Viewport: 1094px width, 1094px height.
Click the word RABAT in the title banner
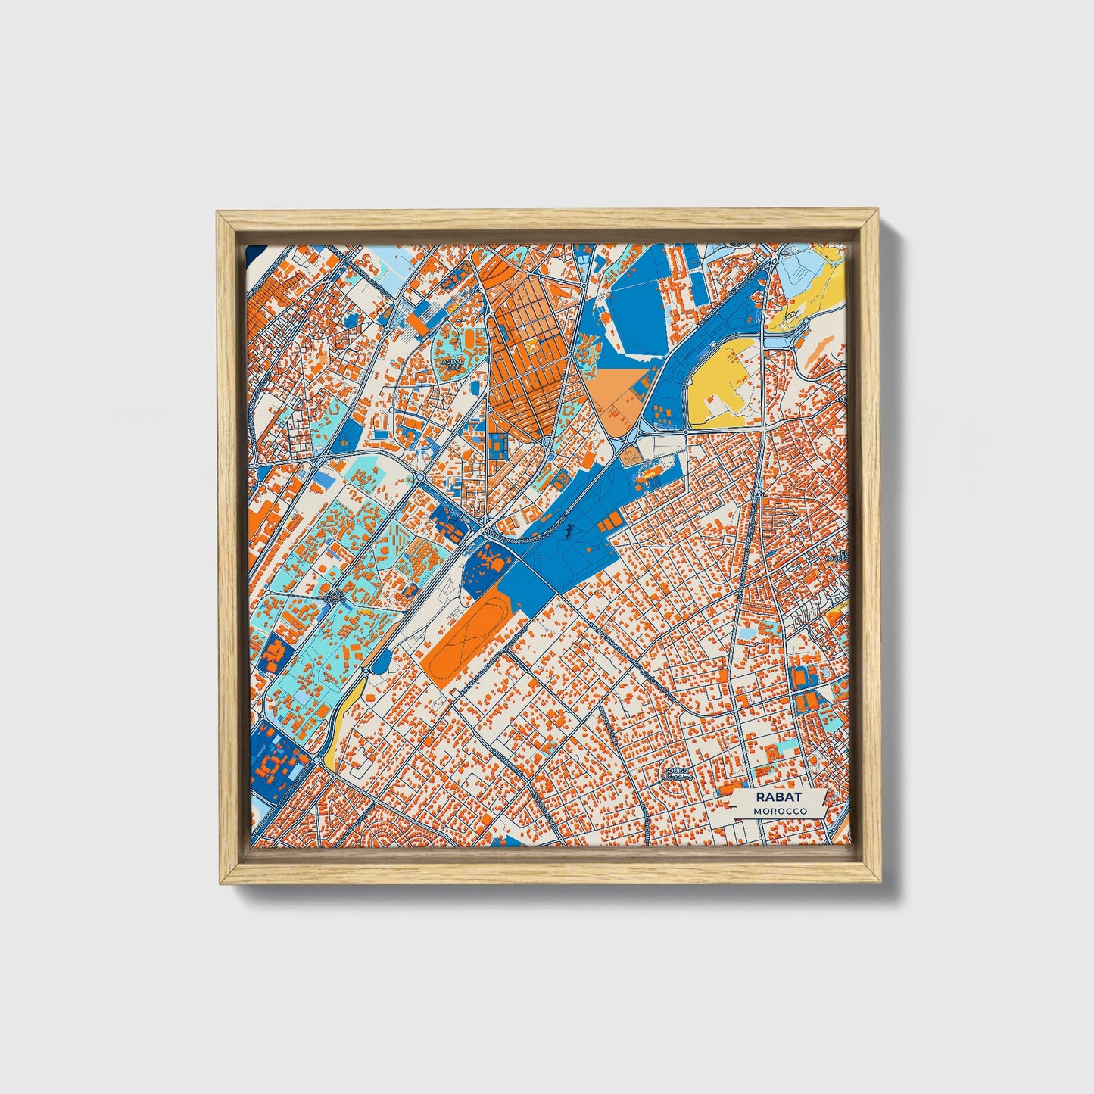(x=778, y=797)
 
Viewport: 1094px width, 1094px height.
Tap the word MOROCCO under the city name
(x=779, y=811)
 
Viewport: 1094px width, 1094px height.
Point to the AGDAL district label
(x=453, y=364)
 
